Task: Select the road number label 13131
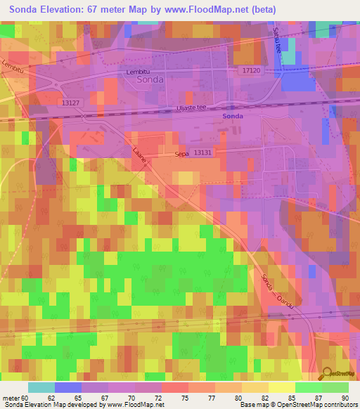pyautogui.click(x=202, y=152)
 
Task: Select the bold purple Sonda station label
pyautogui.click(x=233, y=116)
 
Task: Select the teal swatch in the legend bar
pyautogui.click(x=41, y=387)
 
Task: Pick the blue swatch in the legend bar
pyautogui.click(x=68, y=387)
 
